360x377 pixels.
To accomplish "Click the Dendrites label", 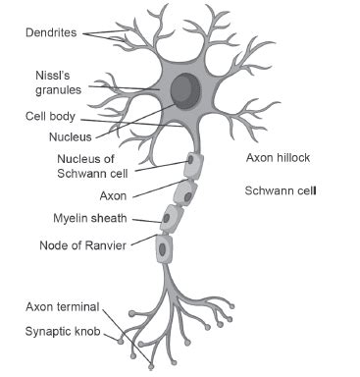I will coord(50,31).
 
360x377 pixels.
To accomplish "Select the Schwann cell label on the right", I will coord(280,189).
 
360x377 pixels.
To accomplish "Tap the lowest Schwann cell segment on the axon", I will coord(163,247).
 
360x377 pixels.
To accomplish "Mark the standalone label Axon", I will coord(114,195).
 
